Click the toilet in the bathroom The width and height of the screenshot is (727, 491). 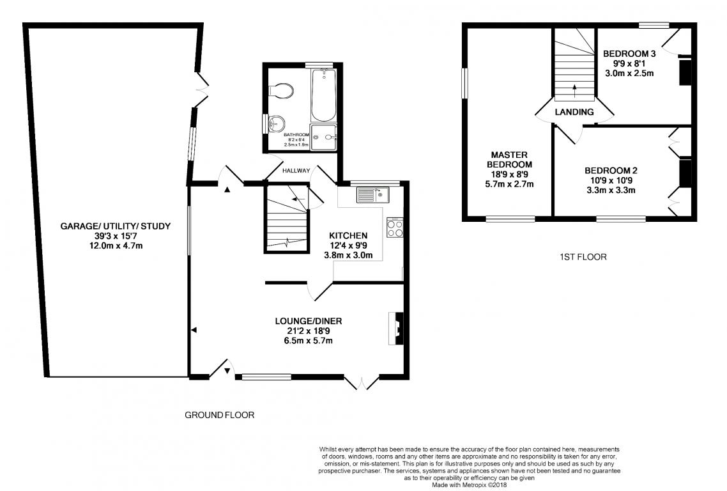280,91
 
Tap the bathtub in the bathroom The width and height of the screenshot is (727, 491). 323,95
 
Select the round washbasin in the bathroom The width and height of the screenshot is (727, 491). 277,124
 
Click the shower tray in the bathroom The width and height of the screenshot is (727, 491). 323,137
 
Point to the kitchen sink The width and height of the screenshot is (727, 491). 373,195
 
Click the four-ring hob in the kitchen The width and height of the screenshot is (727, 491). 395,228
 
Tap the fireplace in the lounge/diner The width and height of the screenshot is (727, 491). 396,328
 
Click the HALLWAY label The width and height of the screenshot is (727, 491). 296,171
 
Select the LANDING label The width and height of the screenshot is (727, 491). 574,112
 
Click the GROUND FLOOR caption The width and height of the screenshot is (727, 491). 219,415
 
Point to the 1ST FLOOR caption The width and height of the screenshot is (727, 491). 583,256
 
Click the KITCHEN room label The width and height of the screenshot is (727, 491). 348,236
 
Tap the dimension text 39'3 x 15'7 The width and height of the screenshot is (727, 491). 116,236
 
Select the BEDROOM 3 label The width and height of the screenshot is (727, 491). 629,54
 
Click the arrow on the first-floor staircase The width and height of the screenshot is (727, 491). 574,91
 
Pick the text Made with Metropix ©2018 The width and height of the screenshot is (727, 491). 469,485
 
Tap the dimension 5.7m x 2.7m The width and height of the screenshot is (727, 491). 509,184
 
